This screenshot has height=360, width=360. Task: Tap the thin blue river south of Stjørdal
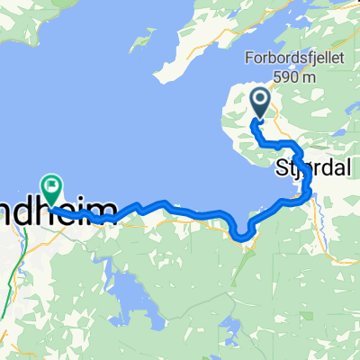coord(319,216)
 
